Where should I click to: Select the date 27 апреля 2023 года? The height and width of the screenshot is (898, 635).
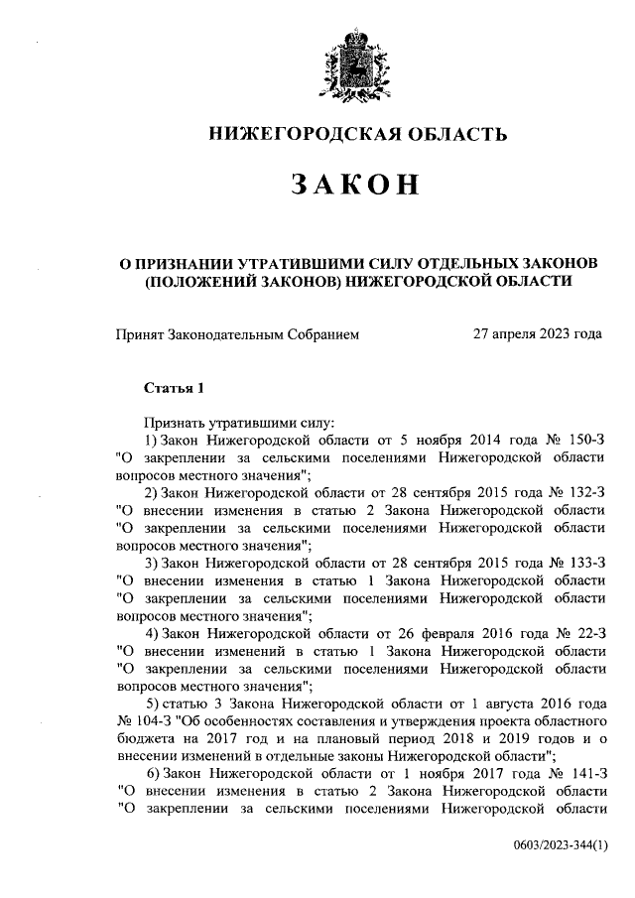[539, 335]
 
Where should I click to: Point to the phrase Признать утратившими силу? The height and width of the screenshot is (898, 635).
[224, 422]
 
